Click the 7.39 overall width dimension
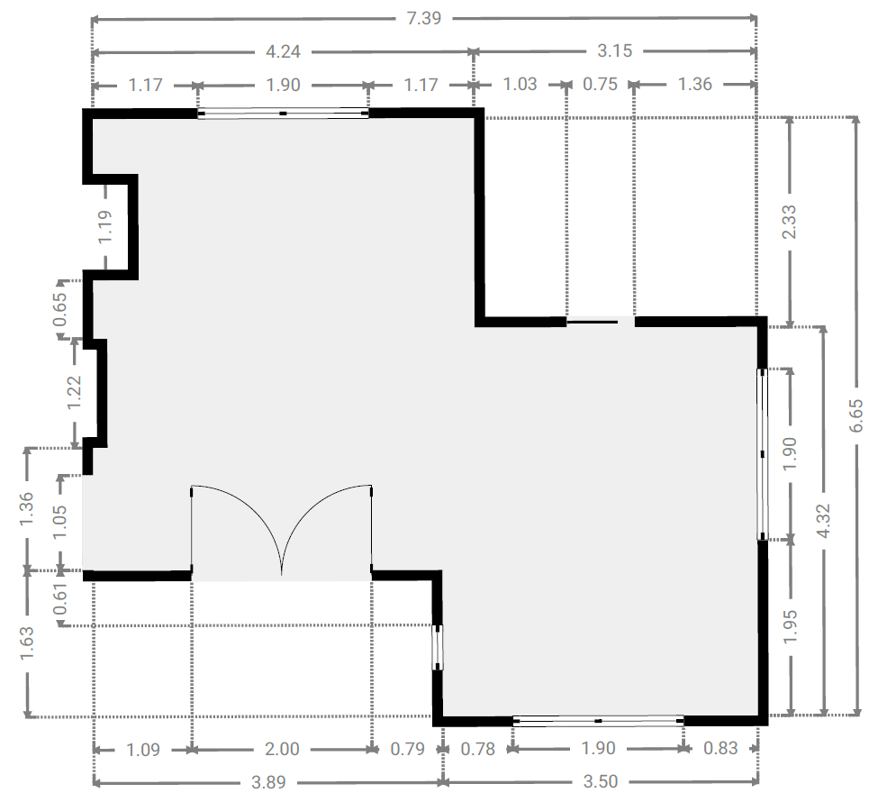click(424, 18)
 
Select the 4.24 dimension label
click(283, 51)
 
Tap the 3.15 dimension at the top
click(615, 51)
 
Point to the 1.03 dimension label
click(520, 84)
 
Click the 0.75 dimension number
click(601, 84)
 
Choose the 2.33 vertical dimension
click(789, 222)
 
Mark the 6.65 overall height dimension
click(855, 415)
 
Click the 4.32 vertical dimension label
click(823, 520)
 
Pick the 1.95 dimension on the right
click(791, 626)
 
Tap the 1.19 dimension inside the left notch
click(105, 226)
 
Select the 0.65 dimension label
click(60, 310)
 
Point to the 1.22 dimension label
click(75, 393)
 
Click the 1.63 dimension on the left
click(27, 643)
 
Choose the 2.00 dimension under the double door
click(282, 749)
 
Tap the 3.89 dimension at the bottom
click(268, 782)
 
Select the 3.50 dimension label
click(601, 781)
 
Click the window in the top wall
click(283, 114)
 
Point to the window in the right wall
click(763, 454)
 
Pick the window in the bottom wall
click(598, 721)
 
